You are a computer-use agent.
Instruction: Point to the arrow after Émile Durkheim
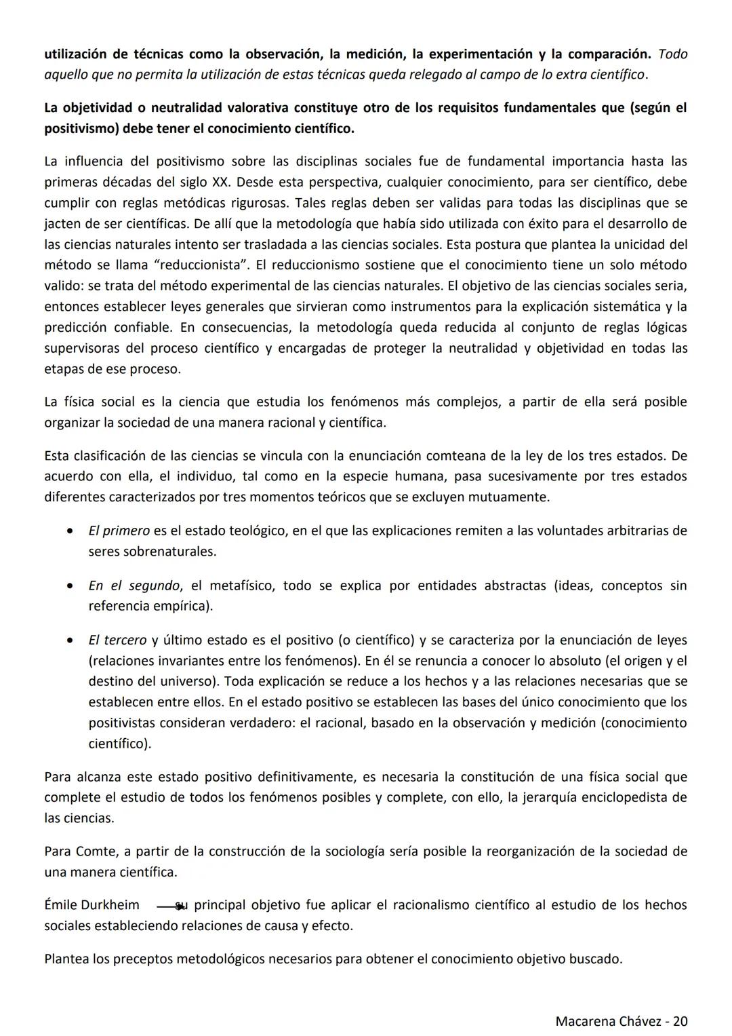tap(171, 906)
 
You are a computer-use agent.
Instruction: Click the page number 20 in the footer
tap(680, 1020)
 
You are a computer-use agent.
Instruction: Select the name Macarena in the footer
tap(583, 1020)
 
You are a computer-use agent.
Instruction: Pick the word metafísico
tap(240, 585)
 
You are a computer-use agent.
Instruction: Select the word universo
tap(192, 681)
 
